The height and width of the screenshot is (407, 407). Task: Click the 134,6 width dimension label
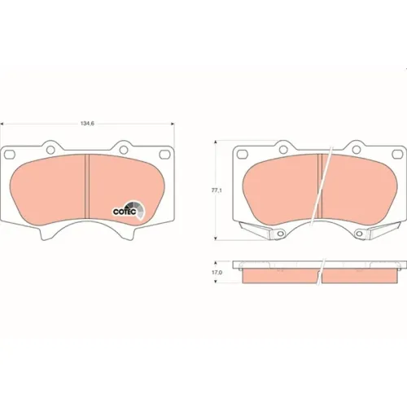click(x=87, y=124)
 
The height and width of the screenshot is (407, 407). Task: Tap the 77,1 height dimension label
click(x=217, y=190)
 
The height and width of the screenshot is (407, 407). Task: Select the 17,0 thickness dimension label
click(x=217, y=273)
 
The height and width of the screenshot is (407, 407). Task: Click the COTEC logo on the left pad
click(x=129, y=211)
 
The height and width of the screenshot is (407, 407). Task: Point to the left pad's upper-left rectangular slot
click(x=10, y=155)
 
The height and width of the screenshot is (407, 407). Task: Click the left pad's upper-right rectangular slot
click(x=164, y=155)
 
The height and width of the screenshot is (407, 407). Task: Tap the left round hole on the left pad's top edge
click(x=50, y=149)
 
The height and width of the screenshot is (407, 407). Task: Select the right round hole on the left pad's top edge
click(x=124, y=149)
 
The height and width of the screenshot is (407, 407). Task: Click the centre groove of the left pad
click(x=87, y=186)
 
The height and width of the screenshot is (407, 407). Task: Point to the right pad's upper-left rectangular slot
click(x=243, y=154)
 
